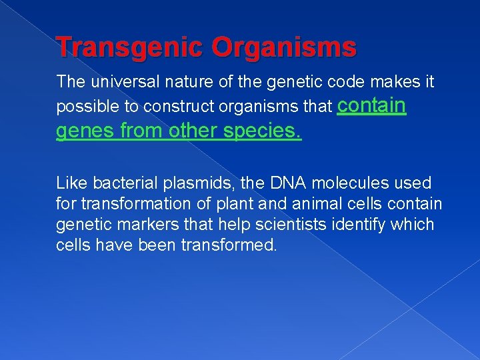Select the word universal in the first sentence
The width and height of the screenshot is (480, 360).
(x=122, y=82)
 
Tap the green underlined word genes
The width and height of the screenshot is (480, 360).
(x=83, y=131)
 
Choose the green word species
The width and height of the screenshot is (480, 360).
(x=262, y=131)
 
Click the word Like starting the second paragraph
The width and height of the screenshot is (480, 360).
(x=71, y=183)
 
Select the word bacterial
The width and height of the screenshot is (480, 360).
(x=121, y=183)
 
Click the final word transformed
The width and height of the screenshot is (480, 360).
(x=229, y=245)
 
